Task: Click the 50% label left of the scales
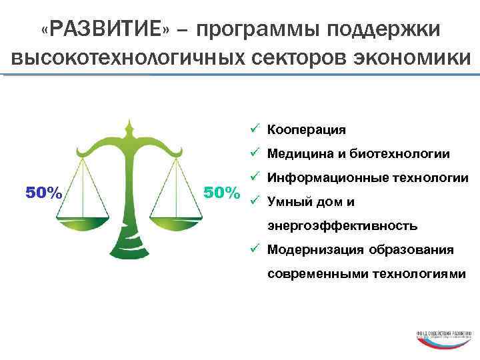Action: point(44,193)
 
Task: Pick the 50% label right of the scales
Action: point(222,193)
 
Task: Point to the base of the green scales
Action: point(130,250)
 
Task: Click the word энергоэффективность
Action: point(343,226)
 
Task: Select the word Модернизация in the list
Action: point(313,250)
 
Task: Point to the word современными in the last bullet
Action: point(314,274)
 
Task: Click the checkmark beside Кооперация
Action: point(255,129)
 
